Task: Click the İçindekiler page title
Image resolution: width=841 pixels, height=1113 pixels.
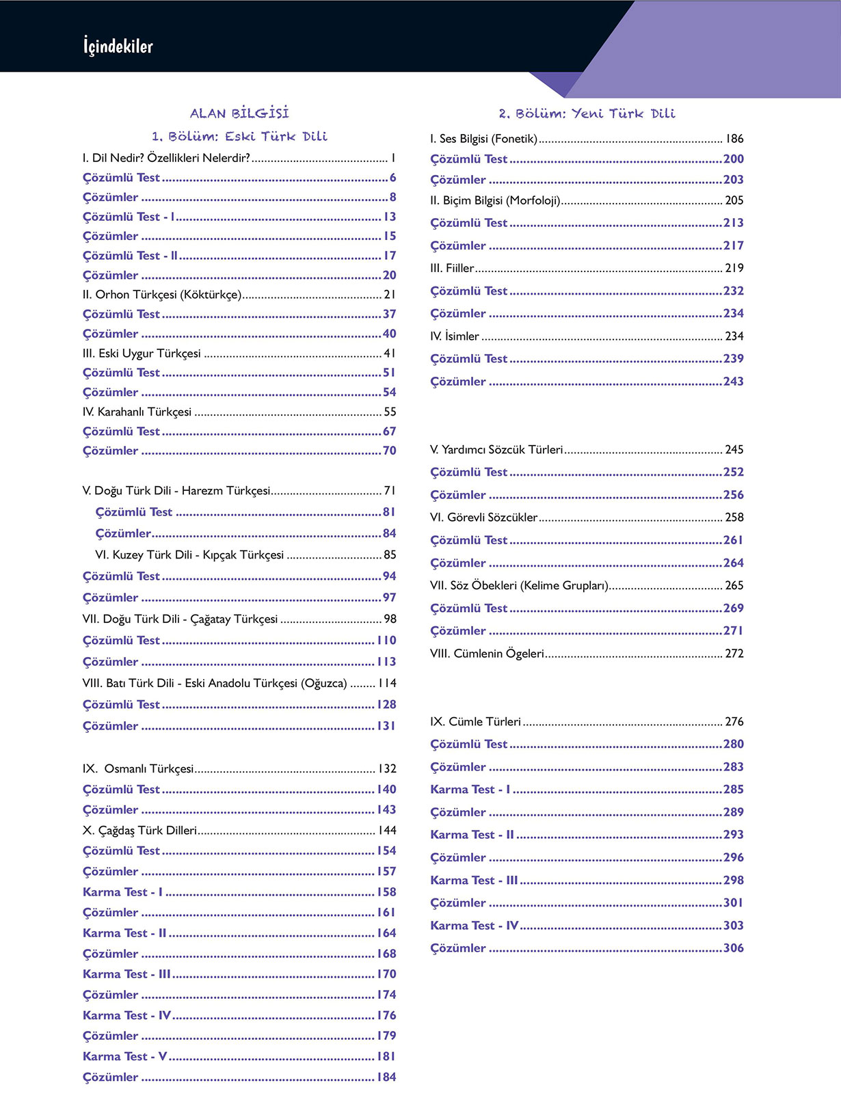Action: pyautogui.click(x=118, y=46)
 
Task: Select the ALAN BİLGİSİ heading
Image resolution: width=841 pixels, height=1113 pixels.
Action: pyautogui.click(x=239, y=113)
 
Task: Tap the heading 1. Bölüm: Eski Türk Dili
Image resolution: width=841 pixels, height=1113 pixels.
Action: pyautogui.click(x=239, y=136)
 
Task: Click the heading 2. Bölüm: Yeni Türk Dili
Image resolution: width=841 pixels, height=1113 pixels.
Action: pyautogui.click(x=587, y=113)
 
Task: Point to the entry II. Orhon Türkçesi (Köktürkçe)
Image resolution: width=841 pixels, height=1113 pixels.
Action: pyautogui.click(x=162, y=295)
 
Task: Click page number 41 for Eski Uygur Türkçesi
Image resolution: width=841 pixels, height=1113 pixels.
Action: pyautogui.click(x=390, y=353)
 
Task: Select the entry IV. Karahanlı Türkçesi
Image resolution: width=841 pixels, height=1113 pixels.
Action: pyautogui.click(x=137, y=412)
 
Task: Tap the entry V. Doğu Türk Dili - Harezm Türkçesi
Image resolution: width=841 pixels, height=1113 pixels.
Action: pyautogui.click(x=176, y=491)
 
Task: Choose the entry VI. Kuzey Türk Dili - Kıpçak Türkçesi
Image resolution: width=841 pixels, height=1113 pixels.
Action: pyautogui.click(x=189, y=554)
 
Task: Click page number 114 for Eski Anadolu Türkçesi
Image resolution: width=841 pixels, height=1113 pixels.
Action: pyautogui.click(x=387, y=683)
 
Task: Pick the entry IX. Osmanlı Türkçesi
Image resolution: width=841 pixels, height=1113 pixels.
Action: pyautogui.click(x=138, y=768)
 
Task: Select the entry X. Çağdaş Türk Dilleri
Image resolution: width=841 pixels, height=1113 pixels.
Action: pyautogui.click(x=139, y=830)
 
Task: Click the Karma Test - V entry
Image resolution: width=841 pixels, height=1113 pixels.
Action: pyautogui.click(x=125, y=1056)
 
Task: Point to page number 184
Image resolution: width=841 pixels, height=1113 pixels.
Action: pyautogui.click(x=386, y=1077)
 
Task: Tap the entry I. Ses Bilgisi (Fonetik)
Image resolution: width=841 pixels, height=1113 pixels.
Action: pyautogui.click(x=483, y=139)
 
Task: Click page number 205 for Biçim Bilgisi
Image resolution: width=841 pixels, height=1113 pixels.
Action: pyautogui.click(x=734, y=200)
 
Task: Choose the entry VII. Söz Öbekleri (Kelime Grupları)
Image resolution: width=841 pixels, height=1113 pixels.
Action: pyautogui.click(x=519, y=585)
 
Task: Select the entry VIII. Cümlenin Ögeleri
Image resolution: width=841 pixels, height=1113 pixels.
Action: pyautogui.click(x=487, y=654)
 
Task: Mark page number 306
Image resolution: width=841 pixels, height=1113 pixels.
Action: pyautogui.click(x=734, y=948)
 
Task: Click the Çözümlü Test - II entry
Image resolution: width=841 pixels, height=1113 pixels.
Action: pyautogui.click(x=131, y=256)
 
